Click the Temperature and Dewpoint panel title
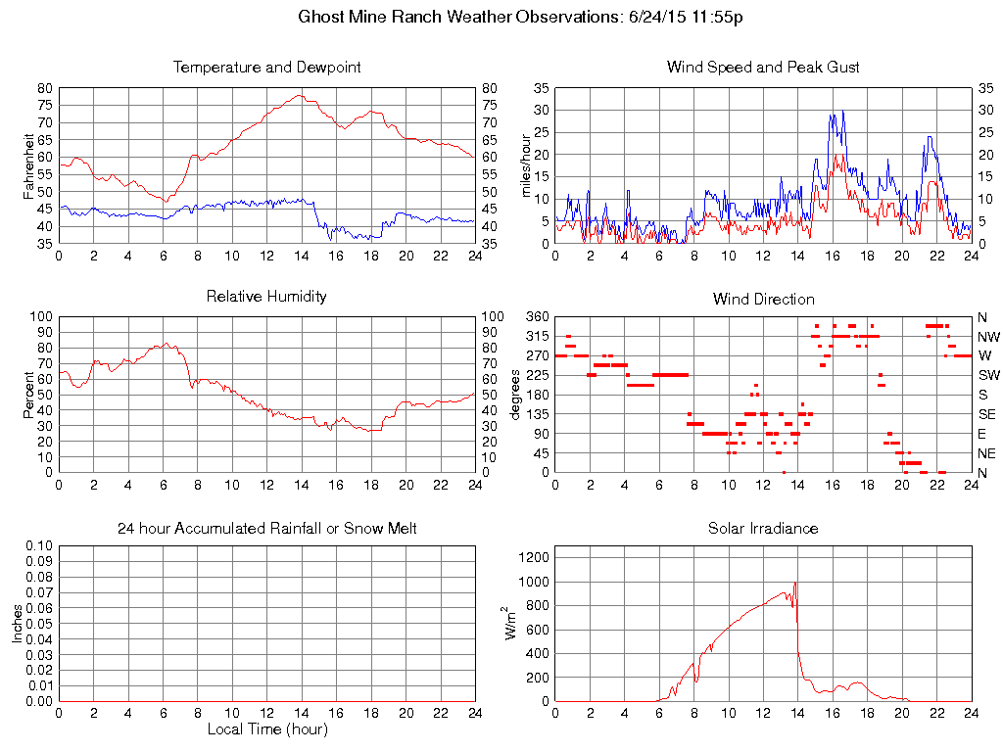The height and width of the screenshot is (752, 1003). pos(266,68)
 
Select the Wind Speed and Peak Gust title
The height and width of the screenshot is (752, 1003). pos(763,68)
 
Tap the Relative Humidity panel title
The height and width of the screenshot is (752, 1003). pos(266,296)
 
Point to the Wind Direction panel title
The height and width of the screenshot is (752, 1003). pos(763,299)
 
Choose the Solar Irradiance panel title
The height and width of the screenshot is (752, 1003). pos(763,529)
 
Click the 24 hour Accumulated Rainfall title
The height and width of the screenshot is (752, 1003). pos(266,529)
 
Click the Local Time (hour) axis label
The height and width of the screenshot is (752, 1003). pos(266,728)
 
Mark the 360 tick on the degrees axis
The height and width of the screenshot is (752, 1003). pos(537,317)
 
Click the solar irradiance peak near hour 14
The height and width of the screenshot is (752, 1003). pos(795,583)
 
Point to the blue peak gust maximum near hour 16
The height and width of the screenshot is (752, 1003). pos(842,112)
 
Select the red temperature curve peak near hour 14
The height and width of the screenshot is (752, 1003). pos(300,95)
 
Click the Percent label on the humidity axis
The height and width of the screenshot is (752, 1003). pos(29,395)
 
